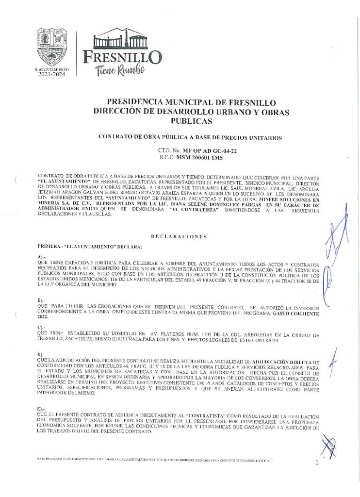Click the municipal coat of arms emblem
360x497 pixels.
pyautogui.click(x=52, y=47)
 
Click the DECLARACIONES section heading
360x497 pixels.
pyautogui.click(x=179, y=236)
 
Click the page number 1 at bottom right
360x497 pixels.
pyautogui.click(x=317, y=463)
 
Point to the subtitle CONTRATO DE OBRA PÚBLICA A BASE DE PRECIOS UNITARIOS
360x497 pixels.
pyautogui.click(x=190, y=137)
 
